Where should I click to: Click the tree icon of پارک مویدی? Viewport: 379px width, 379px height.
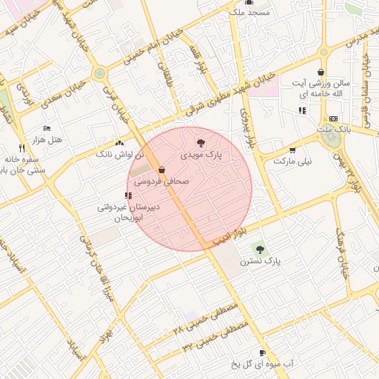pos(201,142)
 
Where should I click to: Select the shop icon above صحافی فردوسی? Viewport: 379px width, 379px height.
pos(161,170)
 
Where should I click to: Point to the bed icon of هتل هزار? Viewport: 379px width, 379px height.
pos(47,128)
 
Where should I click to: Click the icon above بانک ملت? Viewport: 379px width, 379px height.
pos(332,118)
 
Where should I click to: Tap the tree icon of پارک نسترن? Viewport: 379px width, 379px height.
pos(258,246)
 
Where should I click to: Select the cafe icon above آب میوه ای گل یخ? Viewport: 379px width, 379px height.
pos(262,352)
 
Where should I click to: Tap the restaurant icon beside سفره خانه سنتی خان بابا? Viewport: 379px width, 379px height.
pos(22,147)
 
